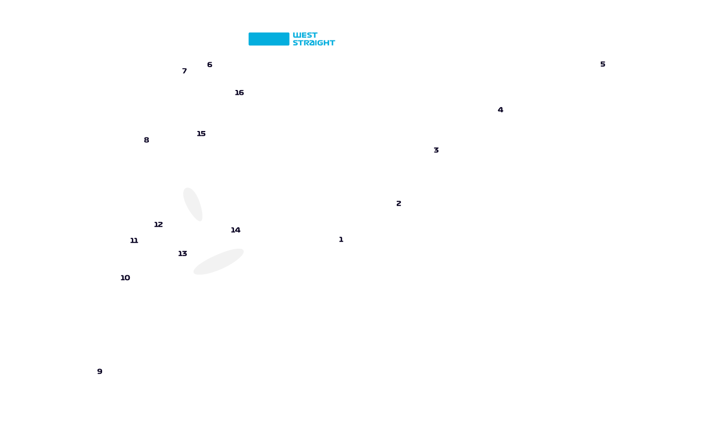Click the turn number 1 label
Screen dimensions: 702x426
coord(341,240)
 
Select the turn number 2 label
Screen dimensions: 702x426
coord(399,203)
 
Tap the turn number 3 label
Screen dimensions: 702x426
coord(436,150)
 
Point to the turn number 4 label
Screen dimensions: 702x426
coord(500,110)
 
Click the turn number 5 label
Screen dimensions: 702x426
coord(603,64)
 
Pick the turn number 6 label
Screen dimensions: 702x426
coord(210,64)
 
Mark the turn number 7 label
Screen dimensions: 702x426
coord(185,71)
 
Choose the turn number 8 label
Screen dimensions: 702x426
coord(146,140)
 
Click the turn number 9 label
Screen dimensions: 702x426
coord(99,371)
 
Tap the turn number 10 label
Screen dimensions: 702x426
coord(126,278)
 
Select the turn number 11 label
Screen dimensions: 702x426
coord(134,241)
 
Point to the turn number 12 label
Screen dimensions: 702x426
coord(158,225)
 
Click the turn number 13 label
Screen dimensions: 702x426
coord(183,253)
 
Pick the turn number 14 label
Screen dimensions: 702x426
coord(236,230)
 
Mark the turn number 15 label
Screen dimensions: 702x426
coord(201,134)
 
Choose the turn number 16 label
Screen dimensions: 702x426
coord(239,93)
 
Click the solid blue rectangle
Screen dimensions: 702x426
coord(269,39)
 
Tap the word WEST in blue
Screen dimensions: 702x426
coord(305,35)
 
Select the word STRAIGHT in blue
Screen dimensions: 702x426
coord(314,43)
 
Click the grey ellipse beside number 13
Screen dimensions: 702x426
coord(219,261)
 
